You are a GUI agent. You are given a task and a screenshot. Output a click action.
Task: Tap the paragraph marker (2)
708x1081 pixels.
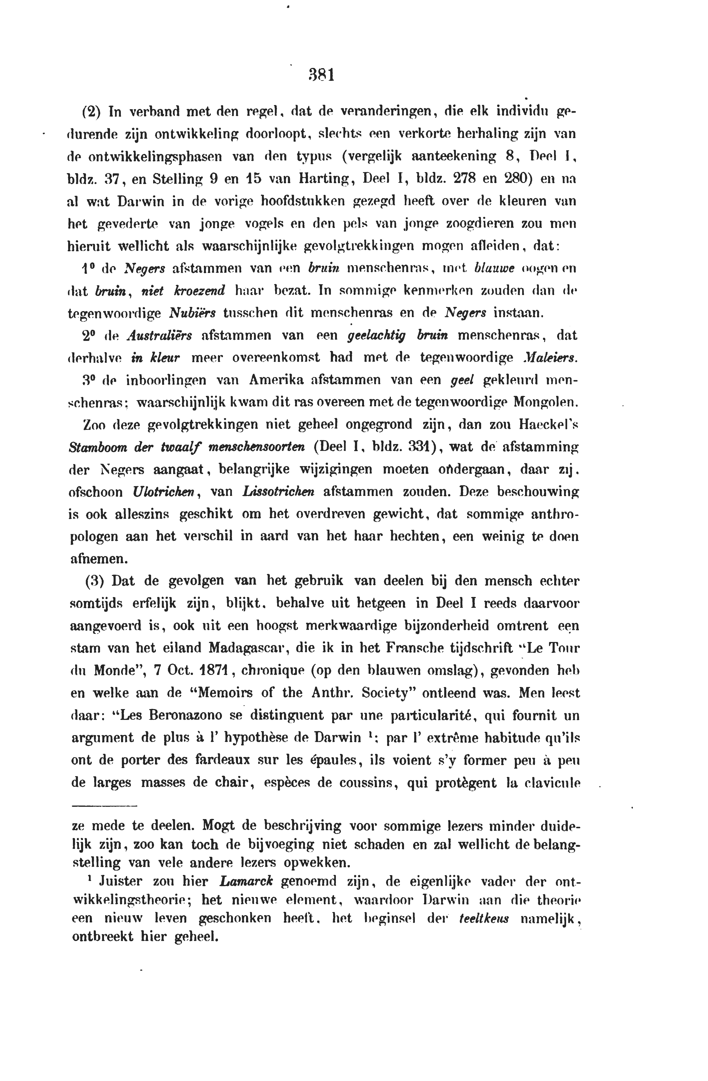pos(91,112)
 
